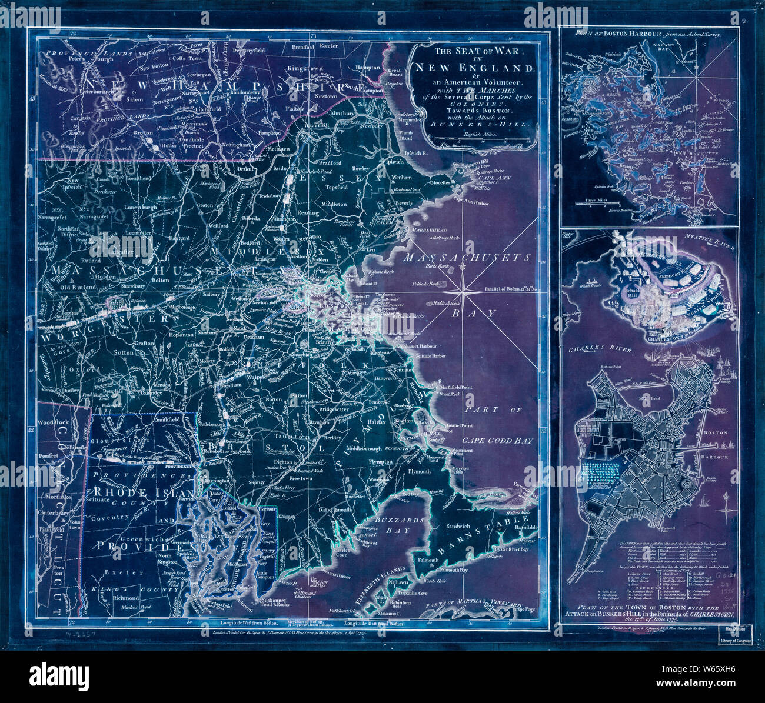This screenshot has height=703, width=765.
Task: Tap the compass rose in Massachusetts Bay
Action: click(x=464, y=291)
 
